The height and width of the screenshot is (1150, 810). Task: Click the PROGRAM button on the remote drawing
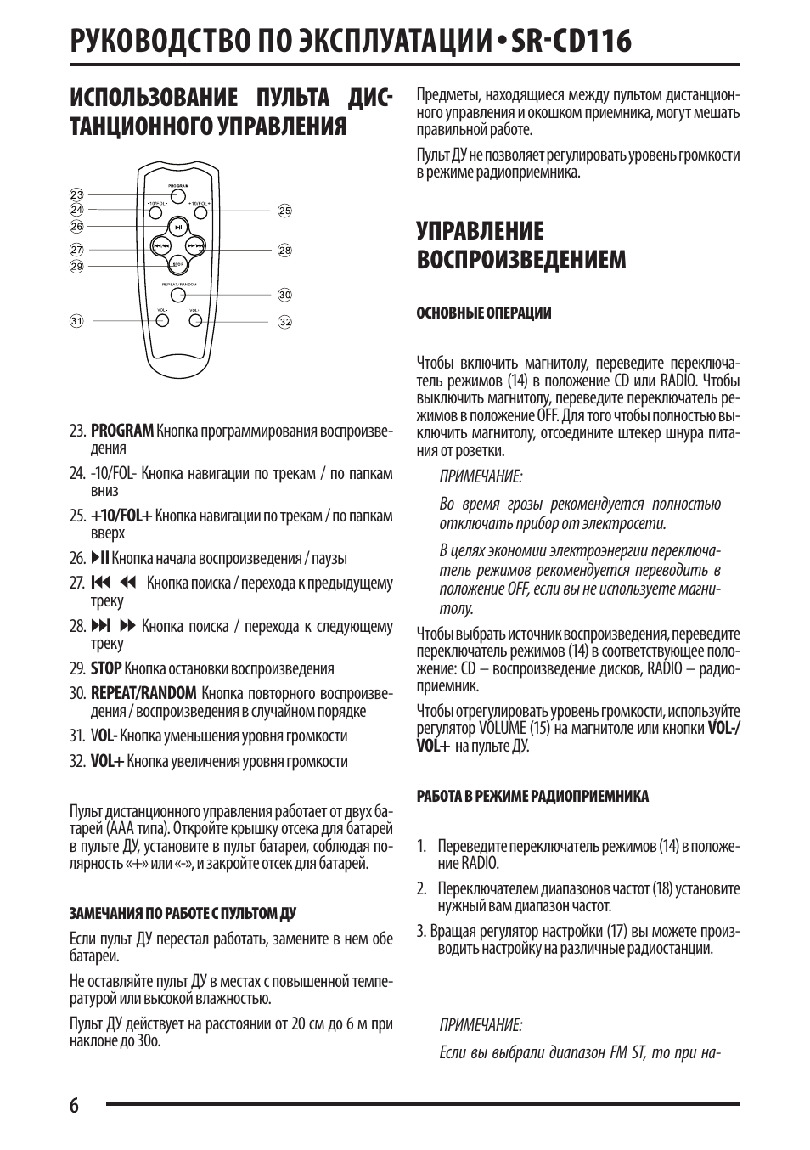[x=177, y=194]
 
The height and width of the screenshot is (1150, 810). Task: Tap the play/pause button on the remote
[x=177, y=227]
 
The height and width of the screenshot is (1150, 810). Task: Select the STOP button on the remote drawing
[x=177, y=264]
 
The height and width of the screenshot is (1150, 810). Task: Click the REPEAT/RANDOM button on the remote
[x=177, y=295]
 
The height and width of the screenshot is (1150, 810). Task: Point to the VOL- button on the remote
[x=161, y=321]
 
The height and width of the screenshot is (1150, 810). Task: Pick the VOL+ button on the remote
[x=194, y=321]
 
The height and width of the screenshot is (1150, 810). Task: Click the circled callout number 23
[x=76, y=194]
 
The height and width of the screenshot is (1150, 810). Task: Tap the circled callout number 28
[x=284, y=250]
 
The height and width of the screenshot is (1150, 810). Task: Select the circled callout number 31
[x=76, y=321]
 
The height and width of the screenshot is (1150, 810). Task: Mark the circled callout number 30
[x=284, y=295]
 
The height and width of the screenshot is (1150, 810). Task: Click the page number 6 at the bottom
[x=75, y=1105]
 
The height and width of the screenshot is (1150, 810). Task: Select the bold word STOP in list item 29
[x=106, y=668]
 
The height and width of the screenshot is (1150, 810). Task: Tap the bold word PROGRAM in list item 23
[x=122, y=431]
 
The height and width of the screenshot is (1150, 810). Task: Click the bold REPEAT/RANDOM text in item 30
[x=143, y=694]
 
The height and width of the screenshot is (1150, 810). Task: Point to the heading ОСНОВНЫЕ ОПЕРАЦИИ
[x=483, y=313]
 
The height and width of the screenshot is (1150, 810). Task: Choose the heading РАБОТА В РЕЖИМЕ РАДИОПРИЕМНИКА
[x=532, y=797]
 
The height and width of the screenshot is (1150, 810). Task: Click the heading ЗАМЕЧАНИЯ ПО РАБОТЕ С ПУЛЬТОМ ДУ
[x=183, y=914]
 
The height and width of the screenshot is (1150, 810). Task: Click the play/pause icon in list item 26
[x=100, y=558]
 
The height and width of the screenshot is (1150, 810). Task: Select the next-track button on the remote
[x=195, y=246]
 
